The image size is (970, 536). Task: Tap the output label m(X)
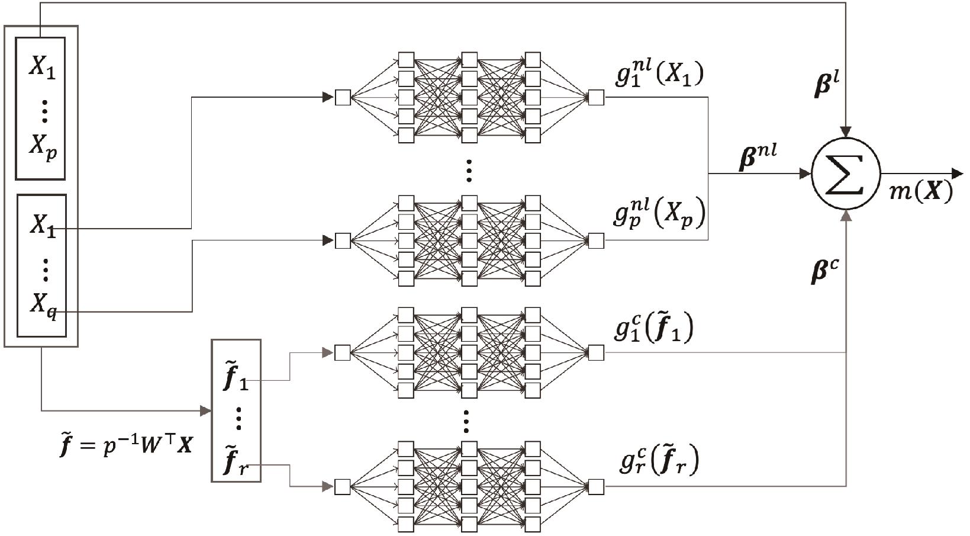(920, 191)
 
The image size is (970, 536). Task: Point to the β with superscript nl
(758, 159)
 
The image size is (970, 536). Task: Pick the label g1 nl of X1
(659, 75)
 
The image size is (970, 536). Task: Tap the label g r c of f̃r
(659, 461)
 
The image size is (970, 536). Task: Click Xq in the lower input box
(44, 305)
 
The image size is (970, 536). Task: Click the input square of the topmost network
(343, 97)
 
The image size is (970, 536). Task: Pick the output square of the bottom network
(596, 487)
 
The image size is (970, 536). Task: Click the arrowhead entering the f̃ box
(206, 410)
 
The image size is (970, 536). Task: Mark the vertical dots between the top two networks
(469, 171)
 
